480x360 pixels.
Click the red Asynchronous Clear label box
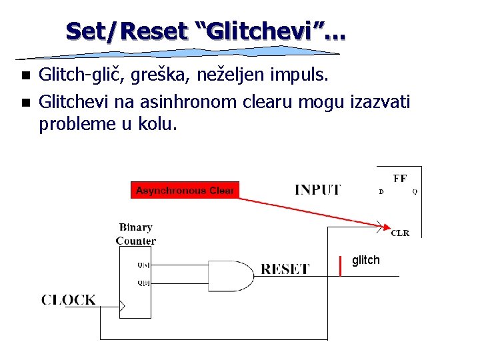click(x=185, y=191)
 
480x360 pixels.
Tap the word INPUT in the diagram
click(x=317, y=190)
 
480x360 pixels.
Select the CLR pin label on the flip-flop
click(x=400, y=233)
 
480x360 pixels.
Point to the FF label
click(x=400, y=179)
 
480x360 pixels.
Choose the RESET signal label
click(x=285, y=269)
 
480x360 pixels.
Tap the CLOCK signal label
click(x=69, y=300)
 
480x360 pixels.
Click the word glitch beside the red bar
click(x=365, y=260)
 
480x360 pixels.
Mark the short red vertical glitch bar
click(x=341, y=265)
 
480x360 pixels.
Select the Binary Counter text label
click(x=136, y=234)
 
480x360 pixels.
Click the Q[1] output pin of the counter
click(x=143, y=265)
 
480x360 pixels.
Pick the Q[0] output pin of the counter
click(x=143, y=283)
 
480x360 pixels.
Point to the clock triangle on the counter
click(x=121, y=307)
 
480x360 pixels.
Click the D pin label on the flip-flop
click(x=381, y=192)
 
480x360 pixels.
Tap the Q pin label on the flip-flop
click(x=415, y=192)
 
